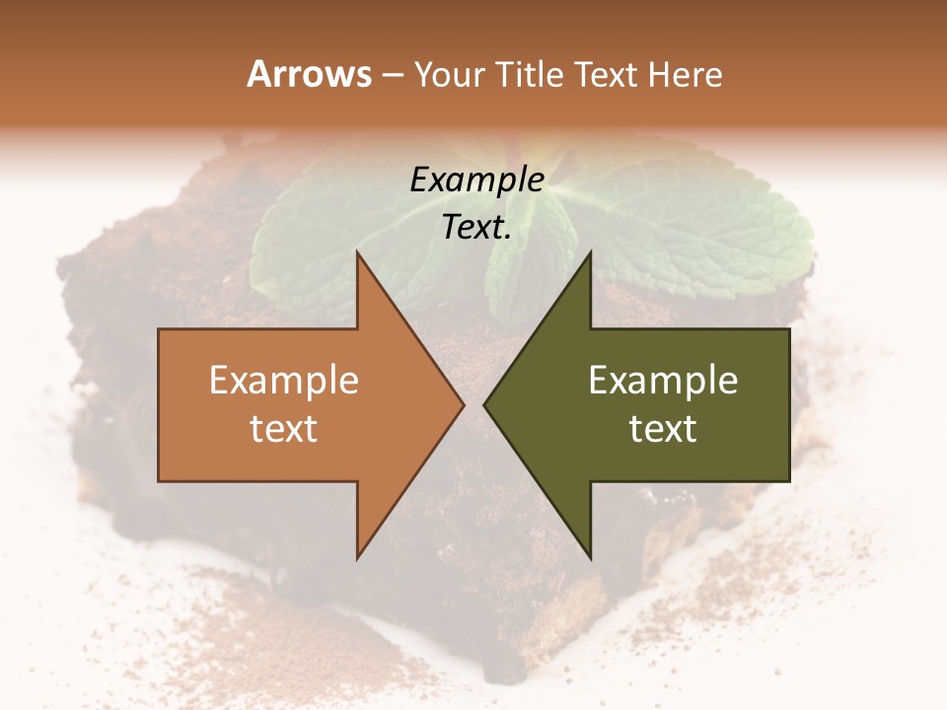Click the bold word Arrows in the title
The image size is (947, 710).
(x=309, y=74)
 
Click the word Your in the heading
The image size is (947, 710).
(x=449, y=75)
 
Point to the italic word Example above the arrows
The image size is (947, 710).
(x=476, y=180)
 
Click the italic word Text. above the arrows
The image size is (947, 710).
(x=476, y=228)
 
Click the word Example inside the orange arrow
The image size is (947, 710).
(x=284, y=381)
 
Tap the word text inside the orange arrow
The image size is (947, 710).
(x=284, y=429)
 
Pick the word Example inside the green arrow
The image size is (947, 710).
(x=663, y=381)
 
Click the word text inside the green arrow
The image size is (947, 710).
(x=663, y=429)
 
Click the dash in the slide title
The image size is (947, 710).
(x=393, y=75)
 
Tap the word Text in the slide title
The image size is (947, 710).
(x=605, y=74)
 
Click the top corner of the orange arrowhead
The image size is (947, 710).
(x=357, y=253)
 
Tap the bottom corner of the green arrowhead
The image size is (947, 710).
(x=590, y=557)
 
